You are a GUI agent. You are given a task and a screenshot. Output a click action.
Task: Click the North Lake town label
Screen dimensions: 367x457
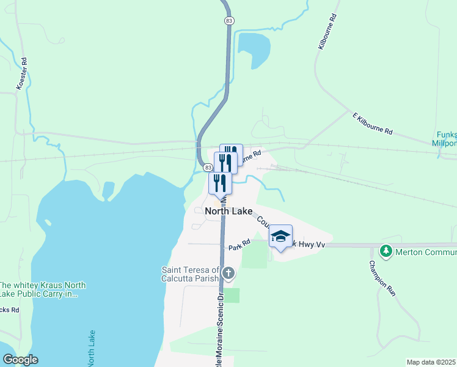228,211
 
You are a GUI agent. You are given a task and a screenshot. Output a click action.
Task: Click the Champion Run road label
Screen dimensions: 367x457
382,279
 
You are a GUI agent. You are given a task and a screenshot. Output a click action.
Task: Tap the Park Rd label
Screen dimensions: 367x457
239,246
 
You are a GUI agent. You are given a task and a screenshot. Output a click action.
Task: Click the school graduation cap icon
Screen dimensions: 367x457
280,236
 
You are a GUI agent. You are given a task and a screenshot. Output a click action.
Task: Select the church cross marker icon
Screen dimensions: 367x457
228,273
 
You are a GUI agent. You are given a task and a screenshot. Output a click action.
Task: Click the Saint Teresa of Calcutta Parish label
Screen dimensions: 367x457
190,274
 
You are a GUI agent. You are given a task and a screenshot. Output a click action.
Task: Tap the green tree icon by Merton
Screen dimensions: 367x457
386,251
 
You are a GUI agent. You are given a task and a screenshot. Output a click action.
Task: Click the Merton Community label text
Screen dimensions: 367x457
425,251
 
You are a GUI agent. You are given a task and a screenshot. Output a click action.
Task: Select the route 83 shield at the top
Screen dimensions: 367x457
228,20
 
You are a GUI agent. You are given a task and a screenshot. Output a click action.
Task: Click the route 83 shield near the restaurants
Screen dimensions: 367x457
208,167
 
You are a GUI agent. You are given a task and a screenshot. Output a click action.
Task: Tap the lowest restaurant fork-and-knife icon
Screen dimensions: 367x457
219,182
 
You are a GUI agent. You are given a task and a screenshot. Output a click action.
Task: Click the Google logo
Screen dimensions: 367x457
20,360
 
